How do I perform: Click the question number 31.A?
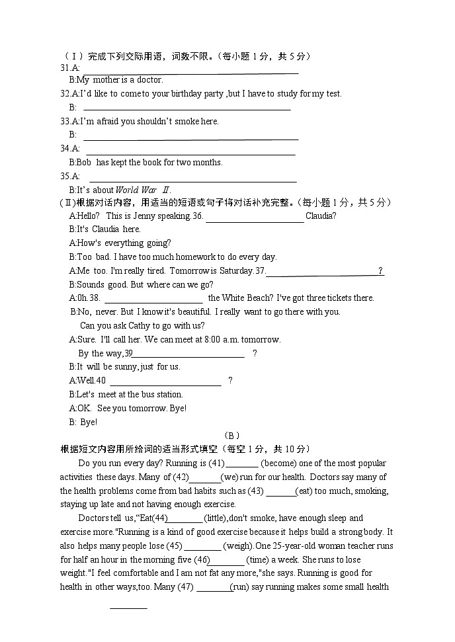[x=69, y=68]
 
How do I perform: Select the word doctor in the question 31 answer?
[x=149, y=80]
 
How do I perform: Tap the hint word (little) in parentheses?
[x=219, y=518]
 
